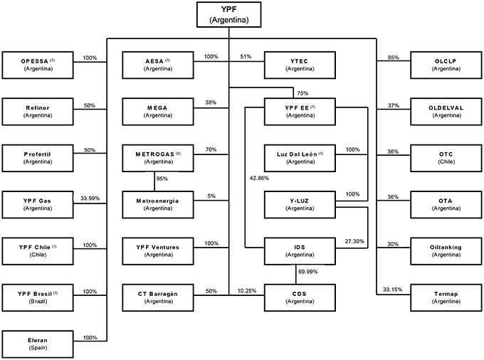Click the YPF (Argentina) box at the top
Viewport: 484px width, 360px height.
click(228, 14)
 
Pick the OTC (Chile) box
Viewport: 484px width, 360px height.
click(446, 157)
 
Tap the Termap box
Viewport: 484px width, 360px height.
click(446, 296)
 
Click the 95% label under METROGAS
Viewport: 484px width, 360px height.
click(162, 179)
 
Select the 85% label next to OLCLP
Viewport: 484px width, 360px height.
click(391, 57)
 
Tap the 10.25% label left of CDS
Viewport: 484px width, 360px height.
click(246, 290)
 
